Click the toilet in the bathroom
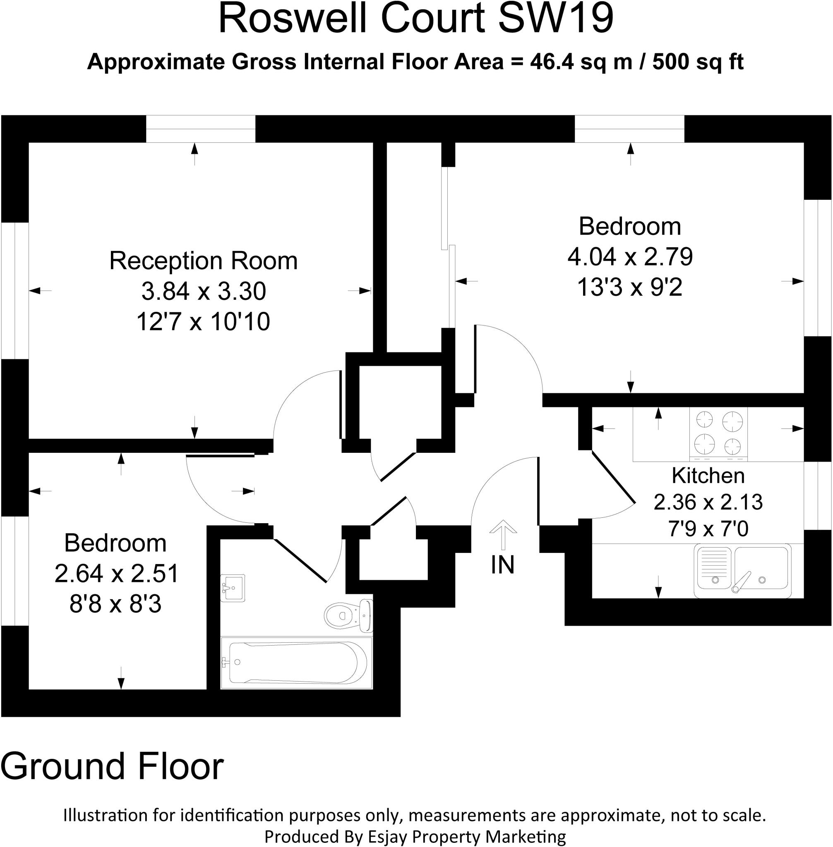[348, 616]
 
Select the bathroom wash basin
[232, 588]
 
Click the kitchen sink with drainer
[742, 571]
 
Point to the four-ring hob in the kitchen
[718, 433]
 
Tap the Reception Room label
[204, 261]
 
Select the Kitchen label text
[708, 476]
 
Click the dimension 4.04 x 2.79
[630, 257]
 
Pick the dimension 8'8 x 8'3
[115, 604]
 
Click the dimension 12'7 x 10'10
[204, 321]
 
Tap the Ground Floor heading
[112, 766]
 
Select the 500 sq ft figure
[698, 62]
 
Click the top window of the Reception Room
[200, 129]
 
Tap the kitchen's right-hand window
[818, 495]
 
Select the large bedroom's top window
[629, 129]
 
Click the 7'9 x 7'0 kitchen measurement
[708, 529]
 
